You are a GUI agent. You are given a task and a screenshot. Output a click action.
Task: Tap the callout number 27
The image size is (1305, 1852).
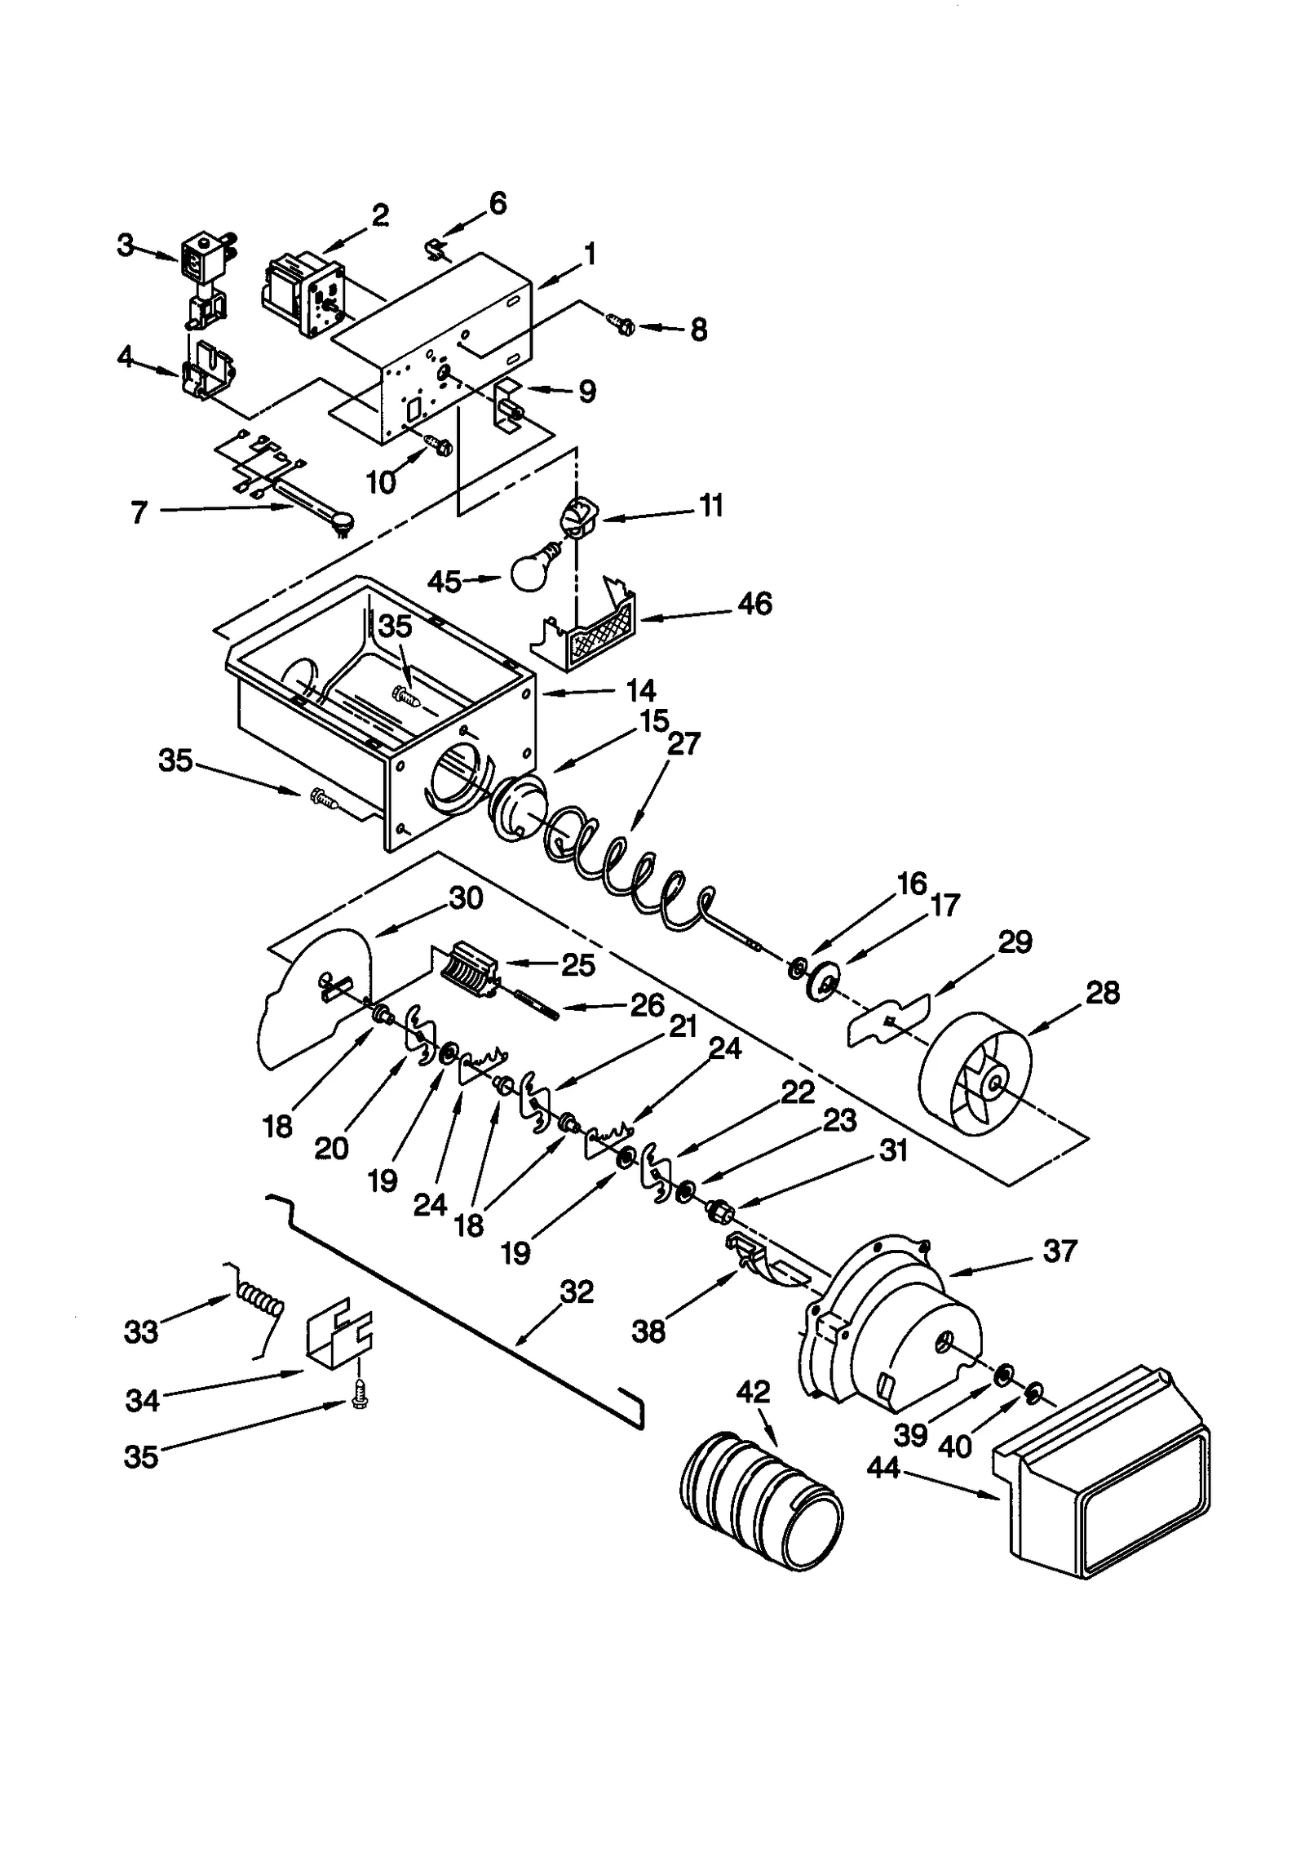683,744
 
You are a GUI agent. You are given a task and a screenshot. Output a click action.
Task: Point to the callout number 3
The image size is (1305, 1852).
124,245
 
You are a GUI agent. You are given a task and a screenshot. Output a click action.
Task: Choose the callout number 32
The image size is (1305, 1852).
577,1292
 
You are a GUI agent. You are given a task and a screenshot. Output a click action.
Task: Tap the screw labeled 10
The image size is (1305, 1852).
439,445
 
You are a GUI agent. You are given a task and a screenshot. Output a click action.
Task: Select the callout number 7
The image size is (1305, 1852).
139,512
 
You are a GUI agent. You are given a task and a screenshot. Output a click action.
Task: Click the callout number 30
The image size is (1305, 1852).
466,897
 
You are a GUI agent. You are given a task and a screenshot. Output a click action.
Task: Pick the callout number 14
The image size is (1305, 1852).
641,690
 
